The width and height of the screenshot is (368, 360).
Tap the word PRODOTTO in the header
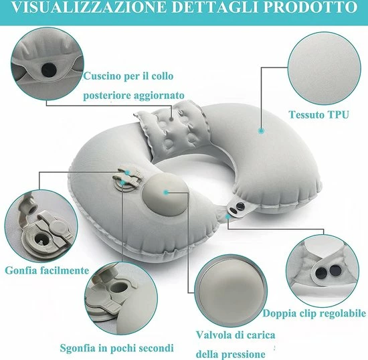tap(310, 7)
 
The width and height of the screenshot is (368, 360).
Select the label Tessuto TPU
tap(318, 114)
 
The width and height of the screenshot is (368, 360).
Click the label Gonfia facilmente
tap(47, 270)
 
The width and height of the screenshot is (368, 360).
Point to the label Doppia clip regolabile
tap(314, 313)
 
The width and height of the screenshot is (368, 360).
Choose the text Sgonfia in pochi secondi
tap(116, 348)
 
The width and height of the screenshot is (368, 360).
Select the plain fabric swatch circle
tap(325, 68)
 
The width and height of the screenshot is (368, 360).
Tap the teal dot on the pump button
tap(166, 193)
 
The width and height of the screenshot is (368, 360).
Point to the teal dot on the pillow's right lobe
tap(262, 130)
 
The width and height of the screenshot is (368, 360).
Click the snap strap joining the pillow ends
tap(237, 207)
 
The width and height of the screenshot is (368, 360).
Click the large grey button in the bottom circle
tap(230, 291)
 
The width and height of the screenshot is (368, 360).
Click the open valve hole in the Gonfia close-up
tap(42, 239)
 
